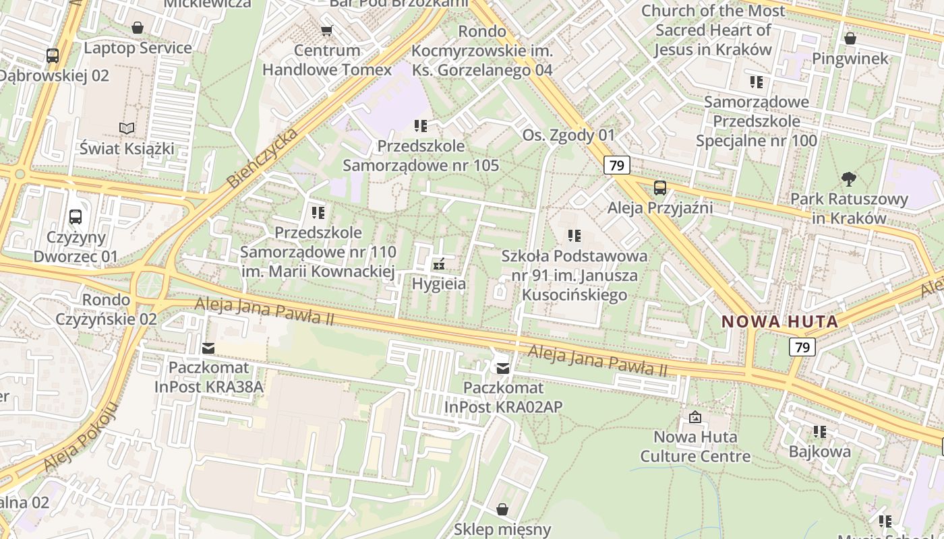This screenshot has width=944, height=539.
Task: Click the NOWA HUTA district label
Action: pos(780,321)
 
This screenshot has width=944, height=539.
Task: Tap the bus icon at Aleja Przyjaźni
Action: pos(659,188)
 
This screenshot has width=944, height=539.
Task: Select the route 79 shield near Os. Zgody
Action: pos(616,165)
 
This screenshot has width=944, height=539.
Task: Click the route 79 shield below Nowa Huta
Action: pos(802,347)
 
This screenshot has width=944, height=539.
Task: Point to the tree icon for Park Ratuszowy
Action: pos(849,179)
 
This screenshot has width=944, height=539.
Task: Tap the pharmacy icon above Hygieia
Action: pos(439,263)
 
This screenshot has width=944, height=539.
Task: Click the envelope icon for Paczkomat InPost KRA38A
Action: pos(208,348)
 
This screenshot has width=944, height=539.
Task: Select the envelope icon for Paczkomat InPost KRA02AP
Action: pos(503,368)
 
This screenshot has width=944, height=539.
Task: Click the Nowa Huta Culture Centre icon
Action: pos(695,417)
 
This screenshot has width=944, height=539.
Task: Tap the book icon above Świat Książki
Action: pos(127,128)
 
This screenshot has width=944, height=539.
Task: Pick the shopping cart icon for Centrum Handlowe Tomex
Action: pos(327,30)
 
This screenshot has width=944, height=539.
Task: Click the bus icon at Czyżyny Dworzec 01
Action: pos(76,217)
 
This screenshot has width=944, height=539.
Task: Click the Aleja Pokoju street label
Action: pos(80,437)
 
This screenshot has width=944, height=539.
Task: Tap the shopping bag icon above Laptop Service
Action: pos(138,28)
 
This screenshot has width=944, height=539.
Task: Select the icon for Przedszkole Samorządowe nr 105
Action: pos(421,125)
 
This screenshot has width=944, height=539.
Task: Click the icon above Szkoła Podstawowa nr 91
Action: pos(574,236)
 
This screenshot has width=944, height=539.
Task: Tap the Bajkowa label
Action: pos(819,451)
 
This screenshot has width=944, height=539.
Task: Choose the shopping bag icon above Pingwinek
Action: pos(850,38)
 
